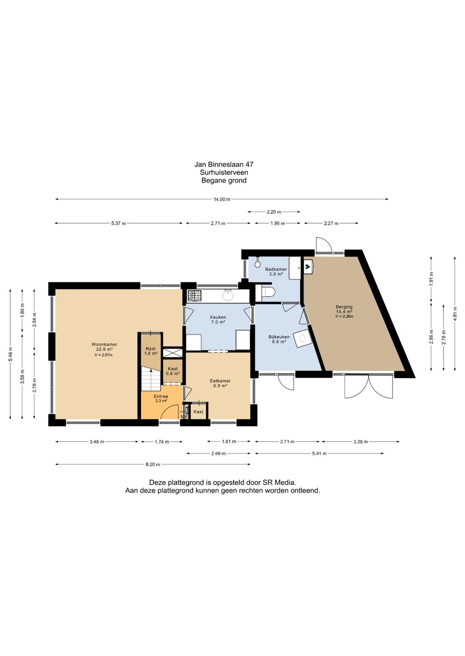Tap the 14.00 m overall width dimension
click(222, 199)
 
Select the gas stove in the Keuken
click(194, 296)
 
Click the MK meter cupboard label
click(184, 417)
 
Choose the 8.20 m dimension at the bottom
click(153, 464)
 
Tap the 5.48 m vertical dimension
click(10, 354)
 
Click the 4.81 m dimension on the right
click(455, 314)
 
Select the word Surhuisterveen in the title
click(224, 172)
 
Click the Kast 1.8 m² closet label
click(151, 351)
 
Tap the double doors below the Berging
click(369, 386)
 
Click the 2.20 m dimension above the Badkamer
click(274, 212)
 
